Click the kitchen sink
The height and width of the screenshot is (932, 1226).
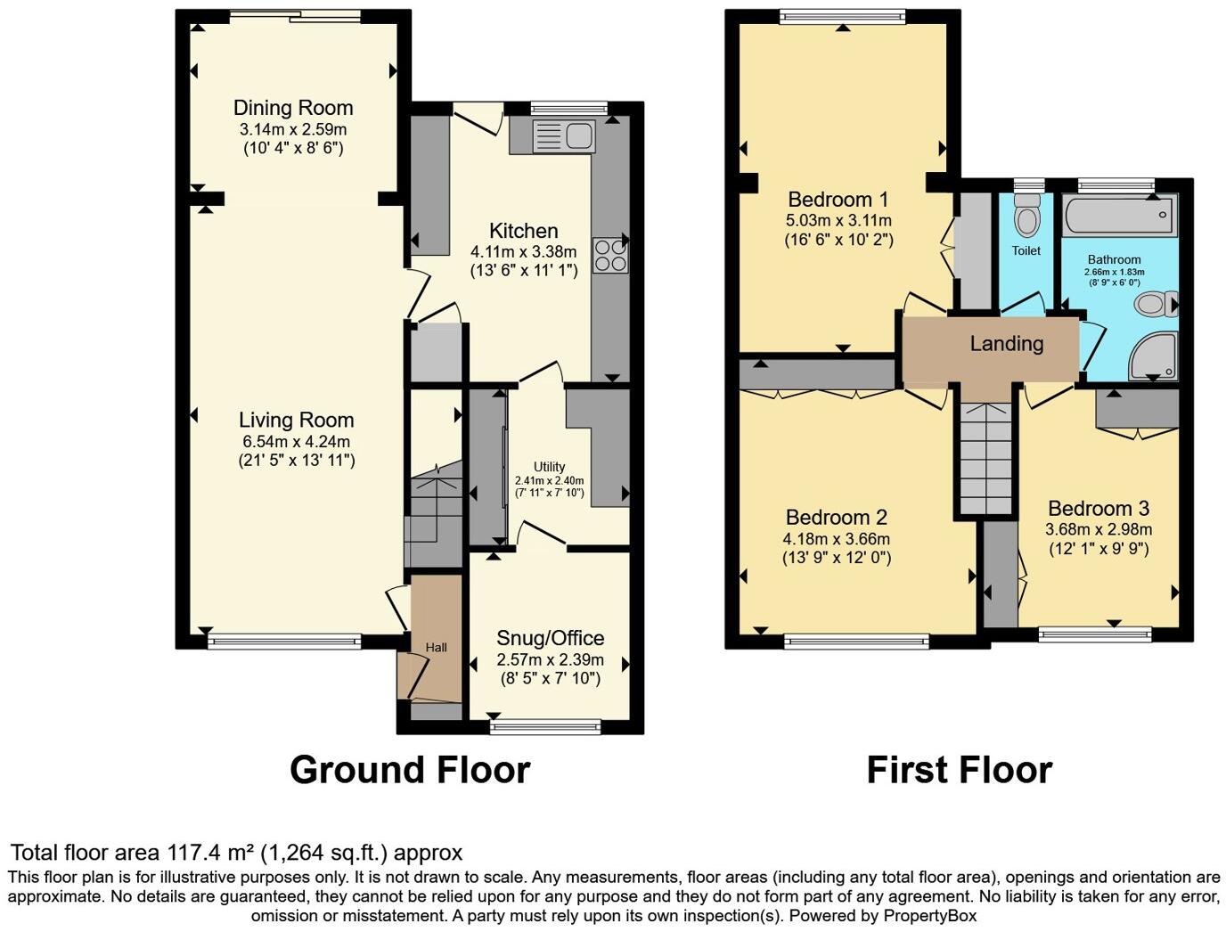tap(563, 136)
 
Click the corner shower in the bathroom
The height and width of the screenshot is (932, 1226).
tap(1155, 356)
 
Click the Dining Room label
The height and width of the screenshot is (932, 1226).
tap(293, 108)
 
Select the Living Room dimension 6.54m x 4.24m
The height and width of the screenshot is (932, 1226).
tap(296, 442)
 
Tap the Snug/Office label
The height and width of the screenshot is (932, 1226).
tap(550, 638)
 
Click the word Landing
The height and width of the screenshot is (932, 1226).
tap(1006, 344)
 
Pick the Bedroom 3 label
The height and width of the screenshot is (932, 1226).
tap(1098, 509)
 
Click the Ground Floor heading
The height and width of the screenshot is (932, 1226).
tap(410, 770)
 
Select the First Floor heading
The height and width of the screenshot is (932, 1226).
tap(959, 770)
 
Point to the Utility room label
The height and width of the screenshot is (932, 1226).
tap(549, 467)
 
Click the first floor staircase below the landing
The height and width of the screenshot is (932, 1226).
tap(986, 459)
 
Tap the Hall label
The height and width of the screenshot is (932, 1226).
tap(436, 648)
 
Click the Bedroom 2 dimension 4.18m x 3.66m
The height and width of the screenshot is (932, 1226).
tap(836, 539)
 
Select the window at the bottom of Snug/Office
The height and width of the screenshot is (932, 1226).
tap(545, 727)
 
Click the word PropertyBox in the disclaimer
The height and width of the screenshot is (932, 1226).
tap(929, 916)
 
